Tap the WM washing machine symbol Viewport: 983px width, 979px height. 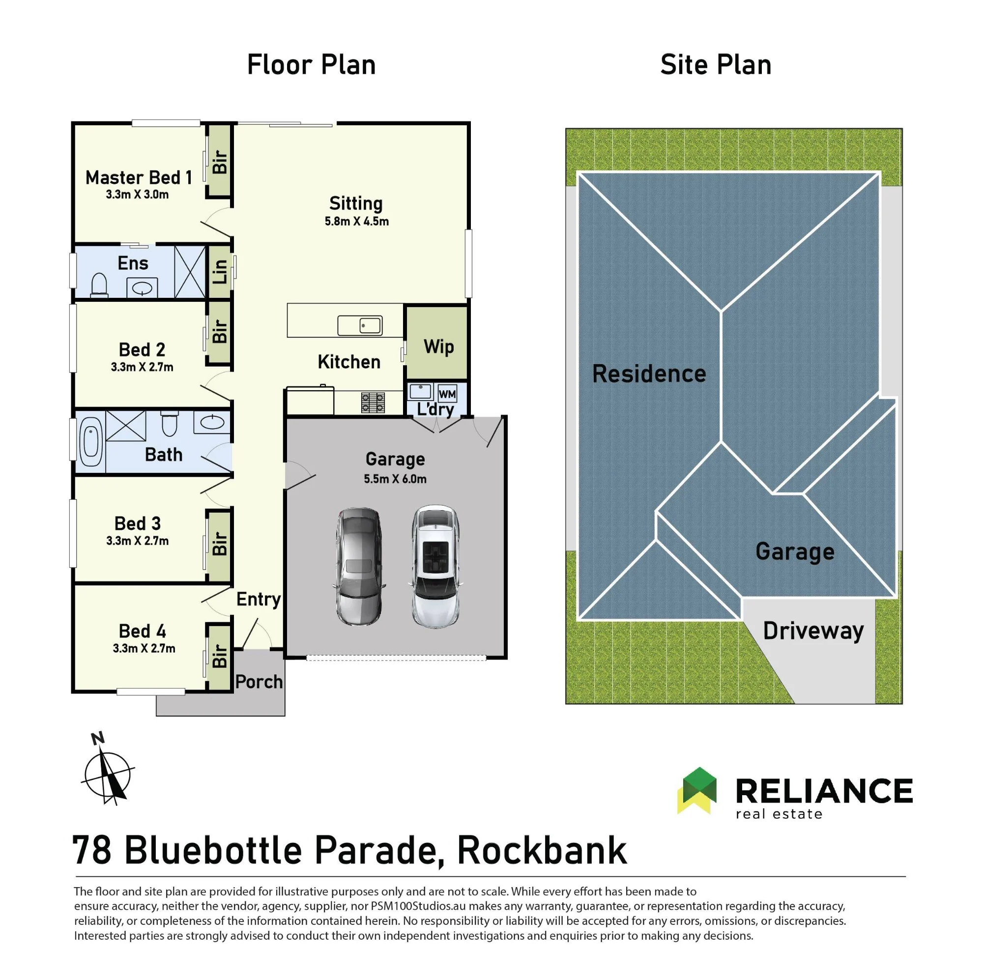447,394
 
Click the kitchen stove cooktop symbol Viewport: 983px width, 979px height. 373,403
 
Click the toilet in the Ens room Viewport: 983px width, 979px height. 99,285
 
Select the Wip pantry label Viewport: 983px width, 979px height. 438,347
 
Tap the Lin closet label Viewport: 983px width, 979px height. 220,271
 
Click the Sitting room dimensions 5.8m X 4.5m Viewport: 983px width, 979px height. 357,221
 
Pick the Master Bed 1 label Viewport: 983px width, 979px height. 139,177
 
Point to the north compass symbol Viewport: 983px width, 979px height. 107,768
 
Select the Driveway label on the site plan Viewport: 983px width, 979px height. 813,631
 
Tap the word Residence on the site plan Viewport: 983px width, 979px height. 649,374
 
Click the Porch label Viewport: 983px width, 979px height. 259,682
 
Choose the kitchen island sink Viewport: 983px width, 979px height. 360,326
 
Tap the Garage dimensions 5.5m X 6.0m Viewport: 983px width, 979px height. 395,479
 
